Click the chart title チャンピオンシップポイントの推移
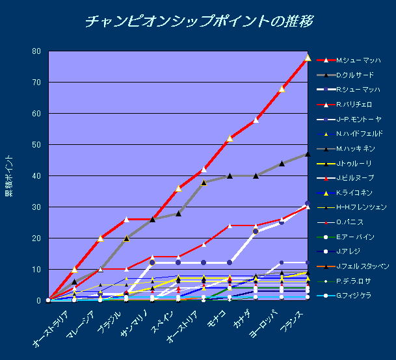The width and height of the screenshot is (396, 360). point(199,21)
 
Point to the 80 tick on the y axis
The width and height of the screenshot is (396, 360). point(36,51)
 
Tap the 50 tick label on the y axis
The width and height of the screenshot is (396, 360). point(36,145)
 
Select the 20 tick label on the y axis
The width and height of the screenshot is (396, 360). point(36,238)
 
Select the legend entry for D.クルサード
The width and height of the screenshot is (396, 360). point(355,75)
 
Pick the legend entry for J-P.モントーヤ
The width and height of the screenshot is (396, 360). point(360,120)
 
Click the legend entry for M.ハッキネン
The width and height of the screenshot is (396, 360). point(356,149)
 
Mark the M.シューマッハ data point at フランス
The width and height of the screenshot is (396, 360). point(308,58)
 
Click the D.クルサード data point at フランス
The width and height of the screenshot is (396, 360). point(308,154)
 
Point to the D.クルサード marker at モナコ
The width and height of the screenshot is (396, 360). point(230,175)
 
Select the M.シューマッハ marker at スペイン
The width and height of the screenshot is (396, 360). point(178,188)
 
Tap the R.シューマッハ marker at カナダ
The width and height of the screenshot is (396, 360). point(256,231)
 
